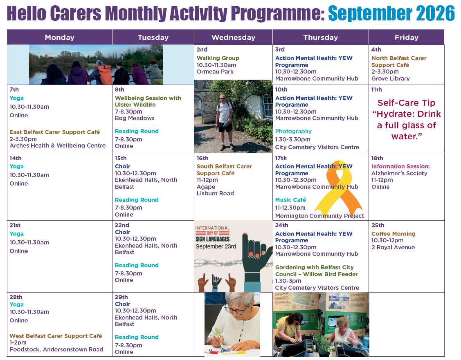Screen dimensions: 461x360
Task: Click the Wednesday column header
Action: (233, 37)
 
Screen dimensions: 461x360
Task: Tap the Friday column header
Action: (406, 37)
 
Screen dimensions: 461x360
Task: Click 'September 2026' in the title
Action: (391, 13)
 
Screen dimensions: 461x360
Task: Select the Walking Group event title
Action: (218, 58)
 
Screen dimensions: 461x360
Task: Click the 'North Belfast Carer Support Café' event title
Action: (399, 61)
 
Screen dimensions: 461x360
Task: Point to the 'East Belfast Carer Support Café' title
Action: (55, 132)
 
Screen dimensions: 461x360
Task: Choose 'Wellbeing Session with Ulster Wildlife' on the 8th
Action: (148, 101)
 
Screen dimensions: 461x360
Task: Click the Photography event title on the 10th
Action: (293, 131)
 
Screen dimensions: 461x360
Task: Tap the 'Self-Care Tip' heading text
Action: (406, 103)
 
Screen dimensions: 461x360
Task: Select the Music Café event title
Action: (290, 200)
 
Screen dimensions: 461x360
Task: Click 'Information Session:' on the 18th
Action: (400, 166)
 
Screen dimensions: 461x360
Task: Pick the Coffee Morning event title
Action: (394, 234)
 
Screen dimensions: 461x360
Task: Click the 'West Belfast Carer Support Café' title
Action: (56, 336)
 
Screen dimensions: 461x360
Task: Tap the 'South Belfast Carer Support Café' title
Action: (224, 170)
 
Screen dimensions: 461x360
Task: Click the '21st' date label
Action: (15, 225)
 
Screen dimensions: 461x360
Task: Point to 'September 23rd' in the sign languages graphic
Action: (216, 247)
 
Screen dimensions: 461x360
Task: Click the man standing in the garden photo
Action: (224, 122)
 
